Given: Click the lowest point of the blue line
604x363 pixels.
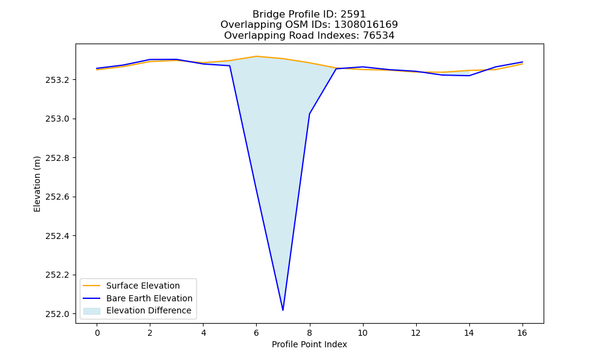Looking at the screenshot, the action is [283, 310].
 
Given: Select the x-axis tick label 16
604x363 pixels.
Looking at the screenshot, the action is [522, 333].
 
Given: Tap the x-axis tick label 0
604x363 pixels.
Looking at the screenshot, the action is [97, 333].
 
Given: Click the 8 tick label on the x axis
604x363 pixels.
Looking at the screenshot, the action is [309, 333].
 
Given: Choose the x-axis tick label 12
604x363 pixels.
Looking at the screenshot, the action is [416, 333].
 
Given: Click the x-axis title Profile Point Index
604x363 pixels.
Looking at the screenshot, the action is [309, 344].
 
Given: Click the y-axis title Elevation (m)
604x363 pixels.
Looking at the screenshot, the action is [37, 184].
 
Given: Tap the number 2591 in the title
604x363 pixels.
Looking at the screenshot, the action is [353, 15].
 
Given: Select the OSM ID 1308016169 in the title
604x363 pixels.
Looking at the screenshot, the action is [365, 25].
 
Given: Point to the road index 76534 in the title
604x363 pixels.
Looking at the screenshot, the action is [379, 36].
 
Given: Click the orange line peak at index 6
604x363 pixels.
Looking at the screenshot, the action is [256, 56].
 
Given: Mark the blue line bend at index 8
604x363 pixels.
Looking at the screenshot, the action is [309, 114].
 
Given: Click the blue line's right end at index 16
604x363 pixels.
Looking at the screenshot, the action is [522, 62].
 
